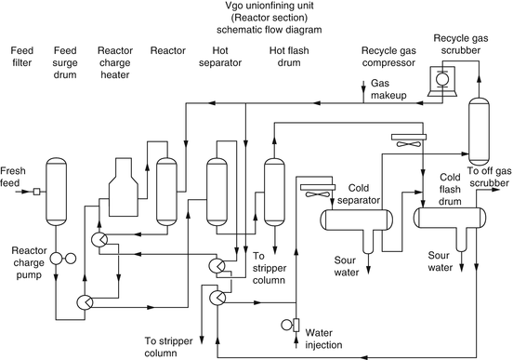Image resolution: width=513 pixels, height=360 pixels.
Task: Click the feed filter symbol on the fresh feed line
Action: pos(35,193)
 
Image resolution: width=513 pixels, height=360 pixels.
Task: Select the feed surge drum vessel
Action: pos(58,191)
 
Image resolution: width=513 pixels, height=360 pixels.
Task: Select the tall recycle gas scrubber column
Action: pos(480,130)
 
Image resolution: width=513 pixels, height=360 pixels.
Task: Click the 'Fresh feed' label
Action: pos(13,177)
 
